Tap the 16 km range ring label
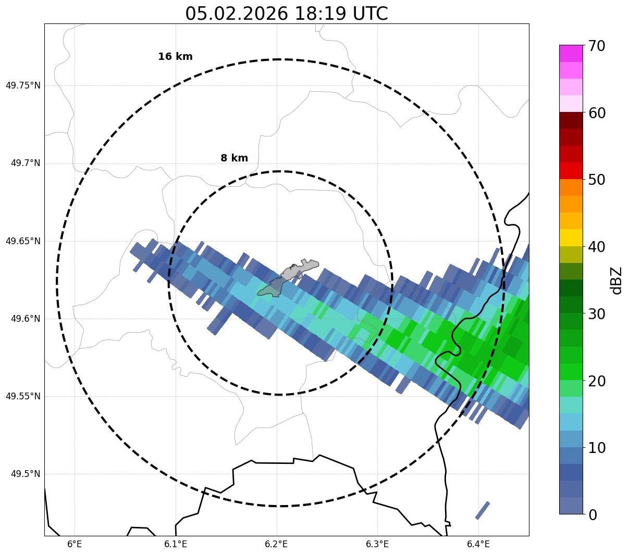[175, 57]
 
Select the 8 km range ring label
[234, 158]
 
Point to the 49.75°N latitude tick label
[23, 85]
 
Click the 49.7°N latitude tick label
[26, 163]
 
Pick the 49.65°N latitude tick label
[23, 241]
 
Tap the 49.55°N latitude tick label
[23, 396]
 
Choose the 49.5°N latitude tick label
[26, 474]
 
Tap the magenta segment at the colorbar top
[571, 53]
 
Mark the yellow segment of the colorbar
[571, 237]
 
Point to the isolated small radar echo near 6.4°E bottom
[483, 510]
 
